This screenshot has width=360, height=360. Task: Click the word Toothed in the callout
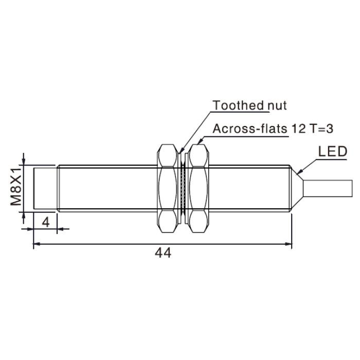pyautogui.click(x=238, y=105)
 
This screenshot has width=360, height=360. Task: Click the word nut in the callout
pyautogui.click(x=277, y=106)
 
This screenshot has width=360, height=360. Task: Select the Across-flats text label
pyautogui.click(x=250, y=129)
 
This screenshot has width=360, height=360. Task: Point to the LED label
pyautogui.click(x=332, y=152)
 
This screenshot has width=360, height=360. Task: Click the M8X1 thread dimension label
pyautogui.click(x=16, y=186)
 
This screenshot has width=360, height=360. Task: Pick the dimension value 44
pyautogui.click(x=163, y=253)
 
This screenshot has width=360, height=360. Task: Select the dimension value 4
pyautogui.click(x=46, y=222)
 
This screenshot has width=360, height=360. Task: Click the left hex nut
pyautogui.click(x=168, y=188)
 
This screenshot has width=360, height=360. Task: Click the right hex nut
pyautogui.click(x=199, y=188)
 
